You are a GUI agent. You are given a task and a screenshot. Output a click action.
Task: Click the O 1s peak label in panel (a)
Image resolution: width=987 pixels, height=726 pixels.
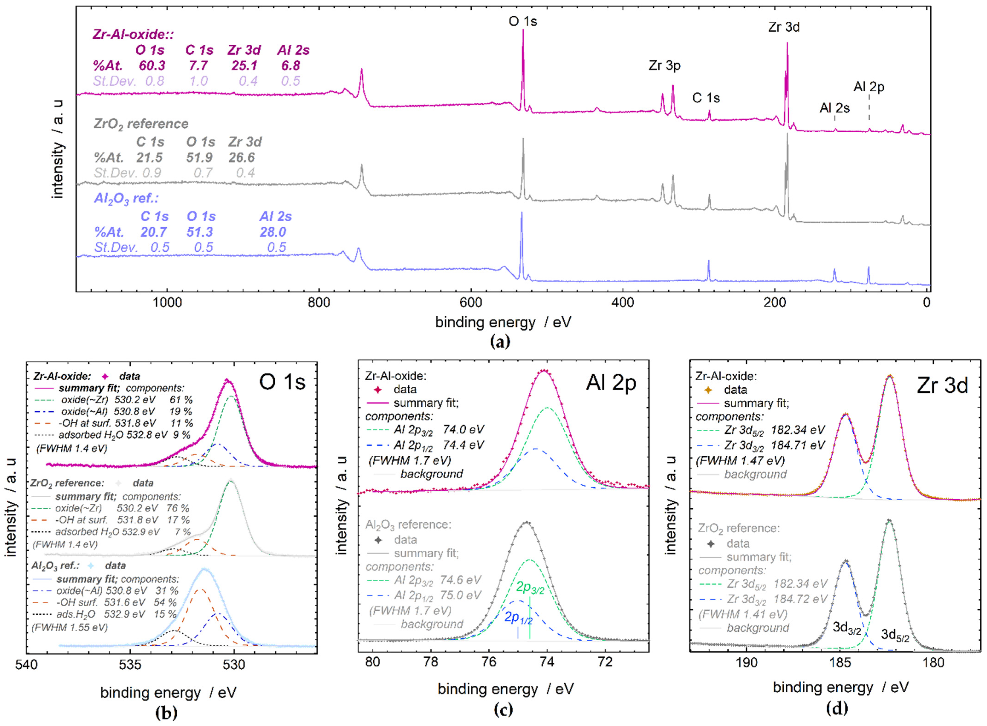522,21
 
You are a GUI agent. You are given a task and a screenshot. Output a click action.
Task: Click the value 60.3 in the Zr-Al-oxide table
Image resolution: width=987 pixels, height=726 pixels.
152,66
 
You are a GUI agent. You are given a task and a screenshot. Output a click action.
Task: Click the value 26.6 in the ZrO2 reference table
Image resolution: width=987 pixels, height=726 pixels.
242,157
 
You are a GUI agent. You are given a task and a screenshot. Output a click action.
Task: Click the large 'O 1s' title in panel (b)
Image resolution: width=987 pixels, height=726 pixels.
282,382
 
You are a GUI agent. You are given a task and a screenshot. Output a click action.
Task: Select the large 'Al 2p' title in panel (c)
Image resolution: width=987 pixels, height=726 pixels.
611,383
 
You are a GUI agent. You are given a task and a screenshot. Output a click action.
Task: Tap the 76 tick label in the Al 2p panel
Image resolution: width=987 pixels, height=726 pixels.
489,661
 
